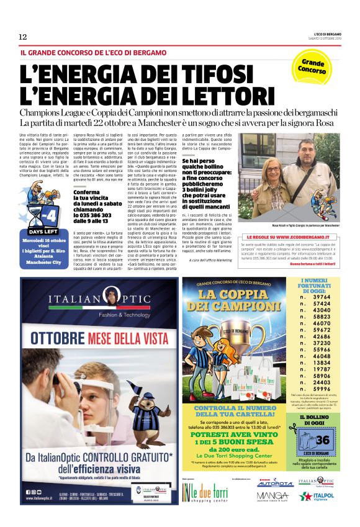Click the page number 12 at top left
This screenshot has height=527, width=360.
point(22,36)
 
